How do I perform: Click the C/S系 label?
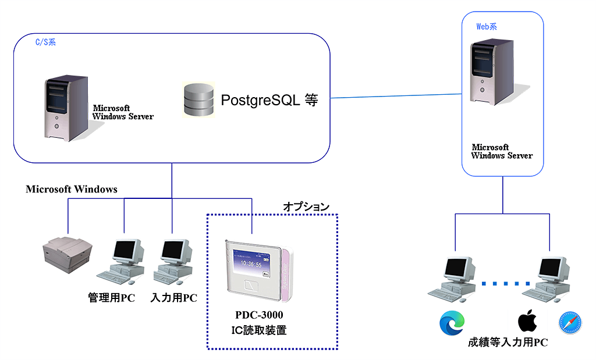(45, 42)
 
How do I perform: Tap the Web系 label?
(487, 27)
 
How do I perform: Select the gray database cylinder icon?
(198, 100)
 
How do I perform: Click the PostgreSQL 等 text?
(269, 100)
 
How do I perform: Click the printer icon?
(68, 255)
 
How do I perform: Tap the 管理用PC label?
(111, 297)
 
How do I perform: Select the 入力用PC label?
(173, 297)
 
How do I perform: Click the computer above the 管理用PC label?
(122, 262)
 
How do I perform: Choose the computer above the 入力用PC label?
(173, 262)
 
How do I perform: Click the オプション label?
(306, 206)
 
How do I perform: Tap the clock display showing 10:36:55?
(251, 263)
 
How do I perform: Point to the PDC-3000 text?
(259, 315)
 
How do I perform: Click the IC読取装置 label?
(259, 330)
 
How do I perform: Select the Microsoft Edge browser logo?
(452, 323)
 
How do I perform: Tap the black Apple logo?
(527, 321)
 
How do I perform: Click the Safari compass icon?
(570, 323)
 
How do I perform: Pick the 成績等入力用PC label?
(508, 342)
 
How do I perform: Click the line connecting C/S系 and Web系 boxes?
(396, 96)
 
